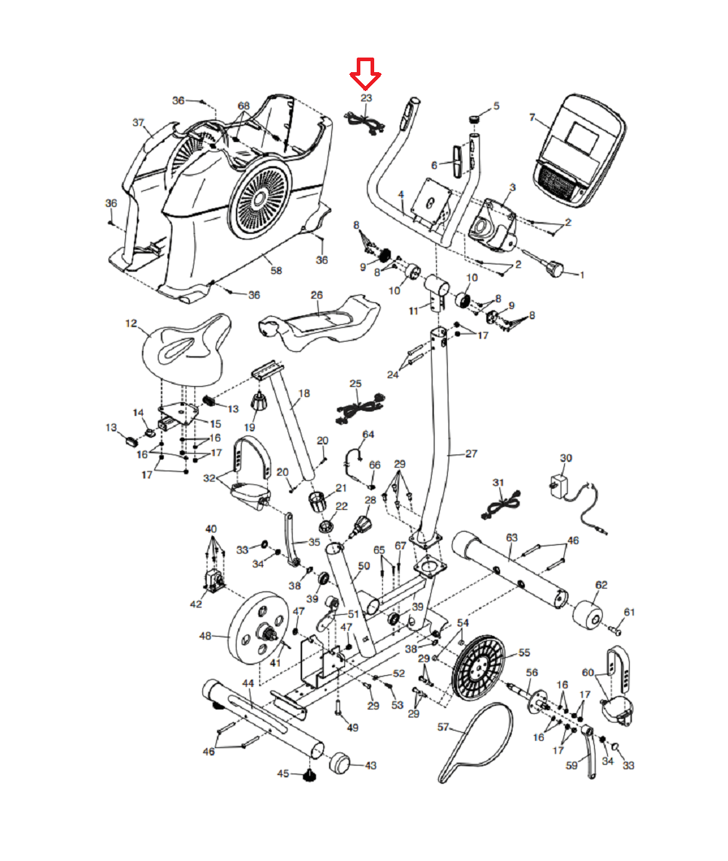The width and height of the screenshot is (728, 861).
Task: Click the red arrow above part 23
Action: coord(365,74)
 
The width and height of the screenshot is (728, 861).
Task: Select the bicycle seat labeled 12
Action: coord(186,350)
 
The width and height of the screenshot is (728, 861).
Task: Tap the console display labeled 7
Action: coord(579,151)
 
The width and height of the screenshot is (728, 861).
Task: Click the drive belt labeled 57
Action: coord(476,742)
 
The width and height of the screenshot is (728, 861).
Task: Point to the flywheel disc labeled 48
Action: coord(258,628)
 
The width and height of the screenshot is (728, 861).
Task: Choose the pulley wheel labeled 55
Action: coord(478,668)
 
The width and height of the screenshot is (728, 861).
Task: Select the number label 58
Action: coord(277,271)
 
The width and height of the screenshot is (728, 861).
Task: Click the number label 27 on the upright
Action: coord(471,454)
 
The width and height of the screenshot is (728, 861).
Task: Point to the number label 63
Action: coord(512,538)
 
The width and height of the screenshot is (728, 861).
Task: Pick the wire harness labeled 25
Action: coord(360,407)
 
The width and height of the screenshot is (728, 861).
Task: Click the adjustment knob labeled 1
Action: coord(554,269)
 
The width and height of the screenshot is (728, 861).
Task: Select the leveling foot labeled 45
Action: coord(310,776)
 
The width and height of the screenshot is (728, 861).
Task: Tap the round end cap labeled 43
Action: coord(339,763)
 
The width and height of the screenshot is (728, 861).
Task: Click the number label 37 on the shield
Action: coord(138,122)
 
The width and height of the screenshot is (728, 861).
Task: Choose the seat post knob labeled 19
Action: coord(259,401)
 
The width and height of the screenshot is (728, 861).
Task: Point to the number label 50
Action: coord(364,566)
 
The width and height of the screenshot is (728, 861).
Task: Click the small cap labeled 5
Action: coord(475,118)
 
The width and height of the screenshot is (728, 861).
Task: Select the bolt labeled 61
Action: coord(615,631)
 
